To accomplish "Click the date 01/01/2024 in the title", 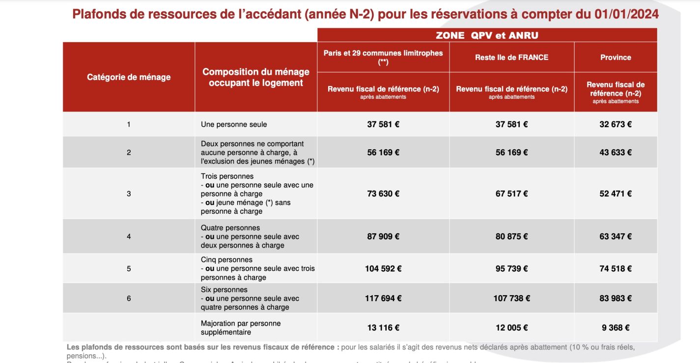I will coord(624,14).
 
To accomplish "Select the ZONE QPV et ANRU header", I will coord(487,35).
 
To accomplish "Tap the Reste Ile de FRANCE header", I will coord(511,57).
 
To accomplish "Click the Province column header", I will coord(616,57).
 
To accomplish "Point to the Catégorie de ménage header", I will coord(129,77).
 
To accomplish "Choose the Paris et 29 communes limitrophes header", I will coord(383,57).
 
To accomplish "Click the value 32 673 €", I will coord(616,124).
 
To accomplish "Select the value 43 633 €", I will coord(616,152).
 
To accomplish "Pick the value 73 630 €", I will coord(383,194).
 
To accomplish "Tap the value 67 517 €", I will coord(511,194).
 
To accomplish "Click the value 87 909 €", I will coord(383,236).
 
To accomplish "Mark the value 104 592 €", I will coord(383,269).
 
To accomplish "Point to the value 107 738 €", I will coord(511,298).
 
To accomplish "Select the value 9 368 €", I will coord(616,328).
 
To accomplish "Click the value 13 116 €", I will coord(383,328).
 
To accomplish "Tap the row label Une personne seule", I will coord(234,125).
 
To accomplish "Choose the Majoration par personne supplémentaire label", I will coord(241,328).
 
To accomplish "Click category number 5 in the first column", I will coord(129,269).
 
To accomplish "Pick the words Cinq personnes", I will coord(226,260).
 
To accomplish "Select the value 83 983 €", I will coord(616,298).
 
